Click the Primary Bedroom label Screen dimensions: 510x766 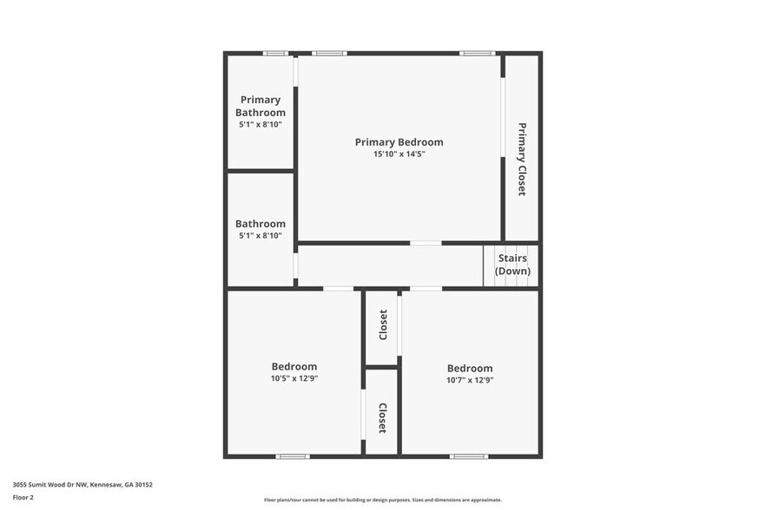click(x=399, y=142)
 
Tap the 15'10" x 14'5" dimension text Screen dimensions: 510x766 click(x=399, y=154)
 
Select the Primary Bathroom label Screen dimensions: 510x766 click(x=261, y=106)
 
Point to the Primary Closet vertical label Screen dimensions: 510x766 click(x=522, y=159)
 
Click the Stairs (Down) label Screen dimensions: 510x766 click(x=512, y=265)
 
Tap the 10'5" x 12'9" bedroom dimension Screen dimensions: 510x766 click(x=294, y=379)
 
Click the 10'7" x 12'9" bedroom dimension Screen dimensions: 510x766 click(x=470, y=380)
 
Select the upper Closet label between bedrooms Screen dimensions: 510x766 click(x=383, y=325)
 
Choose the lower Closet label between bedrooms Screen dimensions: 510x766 click(x=382, y=418)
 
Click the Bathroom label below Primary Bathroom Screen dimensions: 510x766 click(x=261, y=224)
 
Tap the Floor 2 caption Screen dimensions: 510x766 click(x=23, y=498)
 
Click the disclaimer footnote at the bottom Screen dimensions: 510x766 click(x=383, y=500)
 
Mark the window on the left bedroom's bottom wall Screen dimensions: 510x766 click(x=293, y=456)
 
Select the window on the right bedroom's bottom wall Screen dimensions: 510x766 click(x=469, y=456)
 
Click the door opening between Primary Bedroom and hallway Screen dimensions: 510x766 click(x=426, y=243)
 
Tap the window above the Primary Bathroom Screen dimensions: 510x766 click(x=276, y=54)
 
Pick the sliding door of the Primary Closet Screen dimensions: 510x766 click(x=502, y=118)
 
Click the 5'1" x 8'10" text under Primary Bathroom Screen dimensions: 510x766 click(x=261, y=125)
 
